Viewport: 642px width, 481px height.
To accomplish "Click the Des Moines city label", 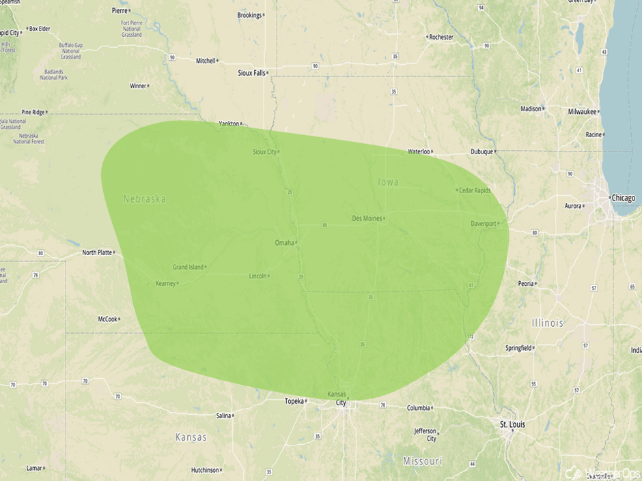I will (x=367, y=218).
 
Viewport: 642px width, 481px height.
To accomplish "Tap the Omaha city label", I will (x=284, y=243).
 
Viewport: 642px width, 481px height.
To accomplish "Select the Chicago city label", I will (x=623, y=198).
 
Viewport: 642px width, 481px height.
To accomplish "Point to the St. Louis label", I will (x=512, y=424).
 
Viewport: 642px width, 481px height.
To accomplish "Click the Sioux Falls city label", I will (x=251, y=72).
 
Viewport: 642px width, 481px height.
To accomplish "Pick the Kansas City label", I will (x=337, y=398).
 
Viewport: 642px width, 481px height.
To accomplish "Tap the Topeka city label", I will (x=294, y=401).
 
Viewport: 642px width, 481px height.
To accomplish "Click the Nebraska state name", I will (x=144, y=199).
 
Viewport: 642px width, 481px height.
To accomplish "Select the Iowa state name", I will (x=388, y=181).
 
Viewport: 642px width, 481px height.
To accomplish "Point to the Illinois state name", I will (x=548, y=323).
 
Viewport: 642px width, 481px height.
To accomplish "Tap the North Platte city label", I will (x=97, y=252).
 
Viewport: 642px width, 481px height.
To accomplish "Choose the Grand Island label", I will (x=188, y=267).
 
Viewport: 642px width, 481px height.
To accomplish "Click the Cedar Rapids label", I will (x=475, y=190).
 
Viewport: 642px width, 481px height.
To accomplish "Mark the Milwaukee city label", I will (x=582, y=111).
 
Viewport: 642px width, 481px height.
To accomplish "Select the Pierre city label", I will (x=120, y=11).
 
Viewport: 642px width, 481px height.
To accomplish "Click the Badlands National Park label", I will (x=53, y=75).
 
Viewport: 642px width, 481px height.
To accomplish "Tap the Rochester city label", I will (x=441, y=37).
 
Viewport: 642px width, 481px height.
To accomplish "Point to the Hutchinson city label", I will (x=205, y=470).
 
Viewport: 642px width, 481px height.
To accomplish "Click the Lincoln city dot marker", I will (x=268, y=276).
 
